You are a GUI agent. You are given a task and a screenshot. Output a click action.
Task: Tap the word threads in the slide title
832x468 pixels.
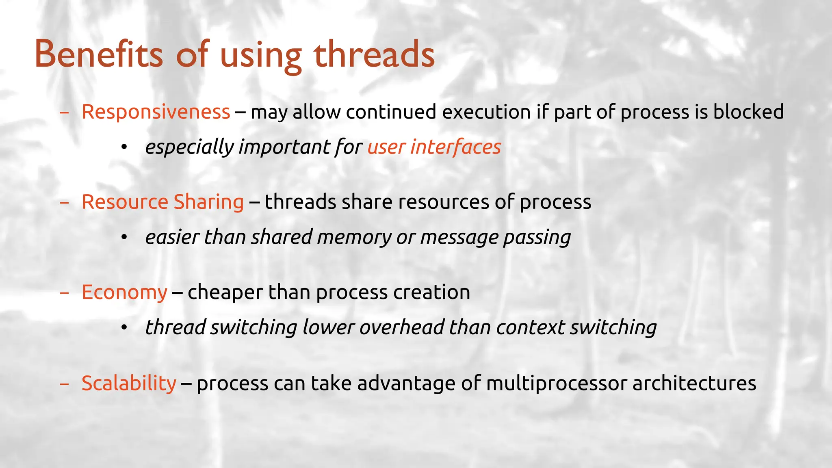[x=374, y=54]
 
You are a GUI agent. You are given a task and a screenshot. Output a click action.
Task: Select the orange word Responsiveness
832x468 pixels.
[x=156, y=112]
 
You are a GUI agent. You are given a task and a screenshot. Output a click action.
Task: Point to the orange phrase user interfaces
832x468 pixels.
[x=434, y=147]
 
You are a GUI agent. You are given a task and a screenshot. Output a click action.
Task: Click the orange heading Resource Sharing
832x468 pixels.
[x=162, y=202]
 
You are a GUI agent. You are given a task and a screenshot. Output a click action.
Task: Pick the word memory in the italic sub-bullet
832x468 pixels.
[x=354, y=237]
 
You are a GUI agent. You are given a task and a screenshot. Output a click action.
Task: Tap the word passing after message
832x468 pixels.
[x=537, y=237]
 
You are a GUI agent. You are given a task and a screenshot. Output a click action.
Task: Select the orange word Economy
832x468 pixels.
[x=124, y=292]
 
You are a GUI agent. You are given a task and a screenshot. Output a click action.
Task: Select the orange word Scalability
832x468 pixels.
[x=129, y=383]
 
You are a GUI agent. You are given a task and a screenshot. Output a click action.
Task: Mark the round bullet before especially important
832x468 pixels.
[x=124, y=147]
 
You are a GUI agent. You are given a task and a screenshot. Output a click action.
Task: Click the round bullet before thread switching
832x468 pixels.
[x=124, y=327]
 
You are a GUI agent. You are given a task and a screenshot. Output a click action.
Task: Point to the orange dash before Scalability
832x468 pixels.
[x=64, y=383]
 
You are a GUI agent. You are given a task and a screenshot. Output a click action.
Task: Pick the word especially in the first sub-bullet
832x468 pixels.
[x=189, y=147]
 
